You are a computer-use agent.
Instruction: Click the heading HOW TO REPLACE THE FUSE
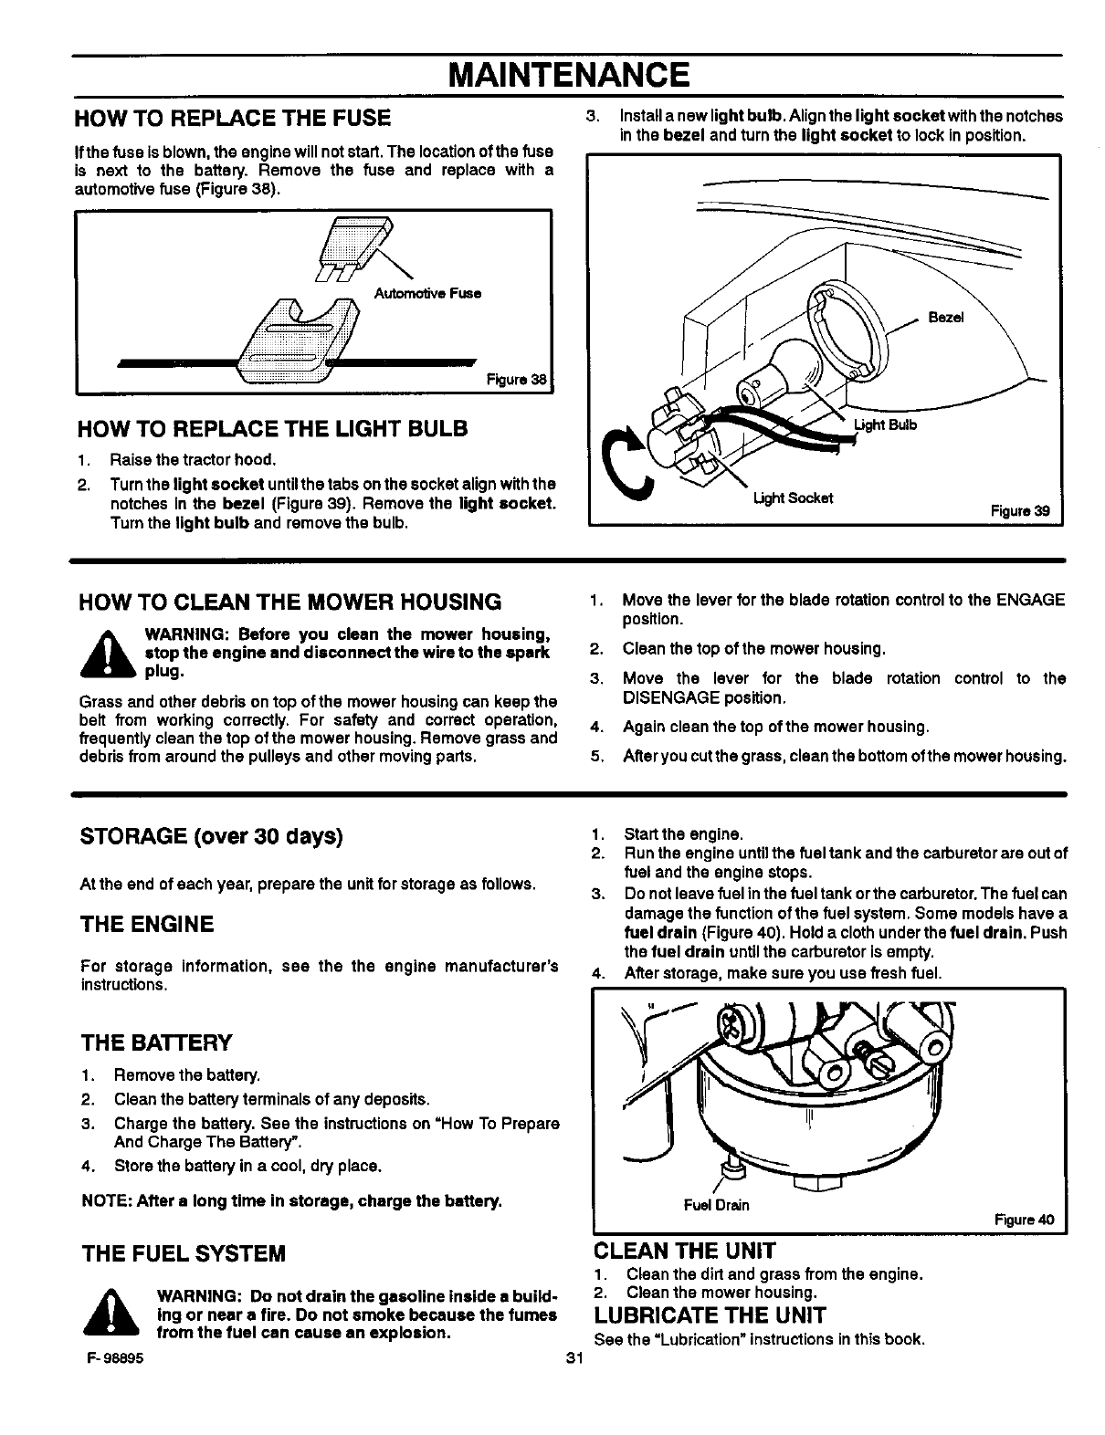pyautogui.click(x=236, y=118)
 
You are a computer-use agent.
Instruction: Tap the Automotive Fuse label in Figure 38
pyautogui.click(x=427, y=293)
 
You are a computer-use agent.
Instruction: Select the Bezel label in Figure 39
pyautogui.click(x=945, y=318)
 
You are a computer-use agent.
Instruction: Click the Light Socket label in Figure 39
pyautogui.click(x=793, y=498)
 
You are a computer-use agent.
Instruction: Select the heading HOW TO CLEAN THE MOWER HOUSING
pyautogui.click(x=290, y=602)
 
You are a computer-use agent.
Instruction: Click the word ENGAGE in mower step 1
pyautogui.click(x=1030, y=600)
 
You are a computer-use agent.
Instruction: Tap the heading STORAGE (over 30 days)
pyautogui.click(x=212, y=836)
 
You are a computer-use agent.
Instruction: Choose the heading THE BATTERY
pyautogui.click(x=156, y=1042)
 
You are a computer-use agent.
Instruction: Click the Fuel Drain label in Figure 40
pyautogui.click(x=716, y=1205)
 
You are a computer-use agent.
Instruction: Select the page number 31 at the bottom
pyautogui.click(x=574, y=1357)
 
